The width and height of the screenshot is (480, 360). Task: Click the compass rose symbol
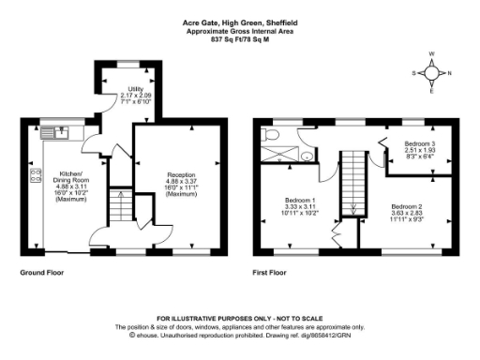point(432,72)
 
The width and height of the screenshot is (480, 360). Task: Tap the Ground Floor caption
point(40,273)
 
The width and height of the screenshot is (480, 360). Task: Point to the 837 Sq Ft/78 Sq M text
point(239,40)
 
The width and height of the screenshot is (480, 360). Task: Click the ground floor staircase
point(120,204)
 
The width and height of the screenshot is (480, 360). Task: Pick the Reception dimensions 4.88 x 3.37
point(181,182)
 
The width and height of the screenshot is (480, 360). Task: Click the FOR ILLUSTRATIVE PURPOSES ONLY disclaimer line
point(239,320)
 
